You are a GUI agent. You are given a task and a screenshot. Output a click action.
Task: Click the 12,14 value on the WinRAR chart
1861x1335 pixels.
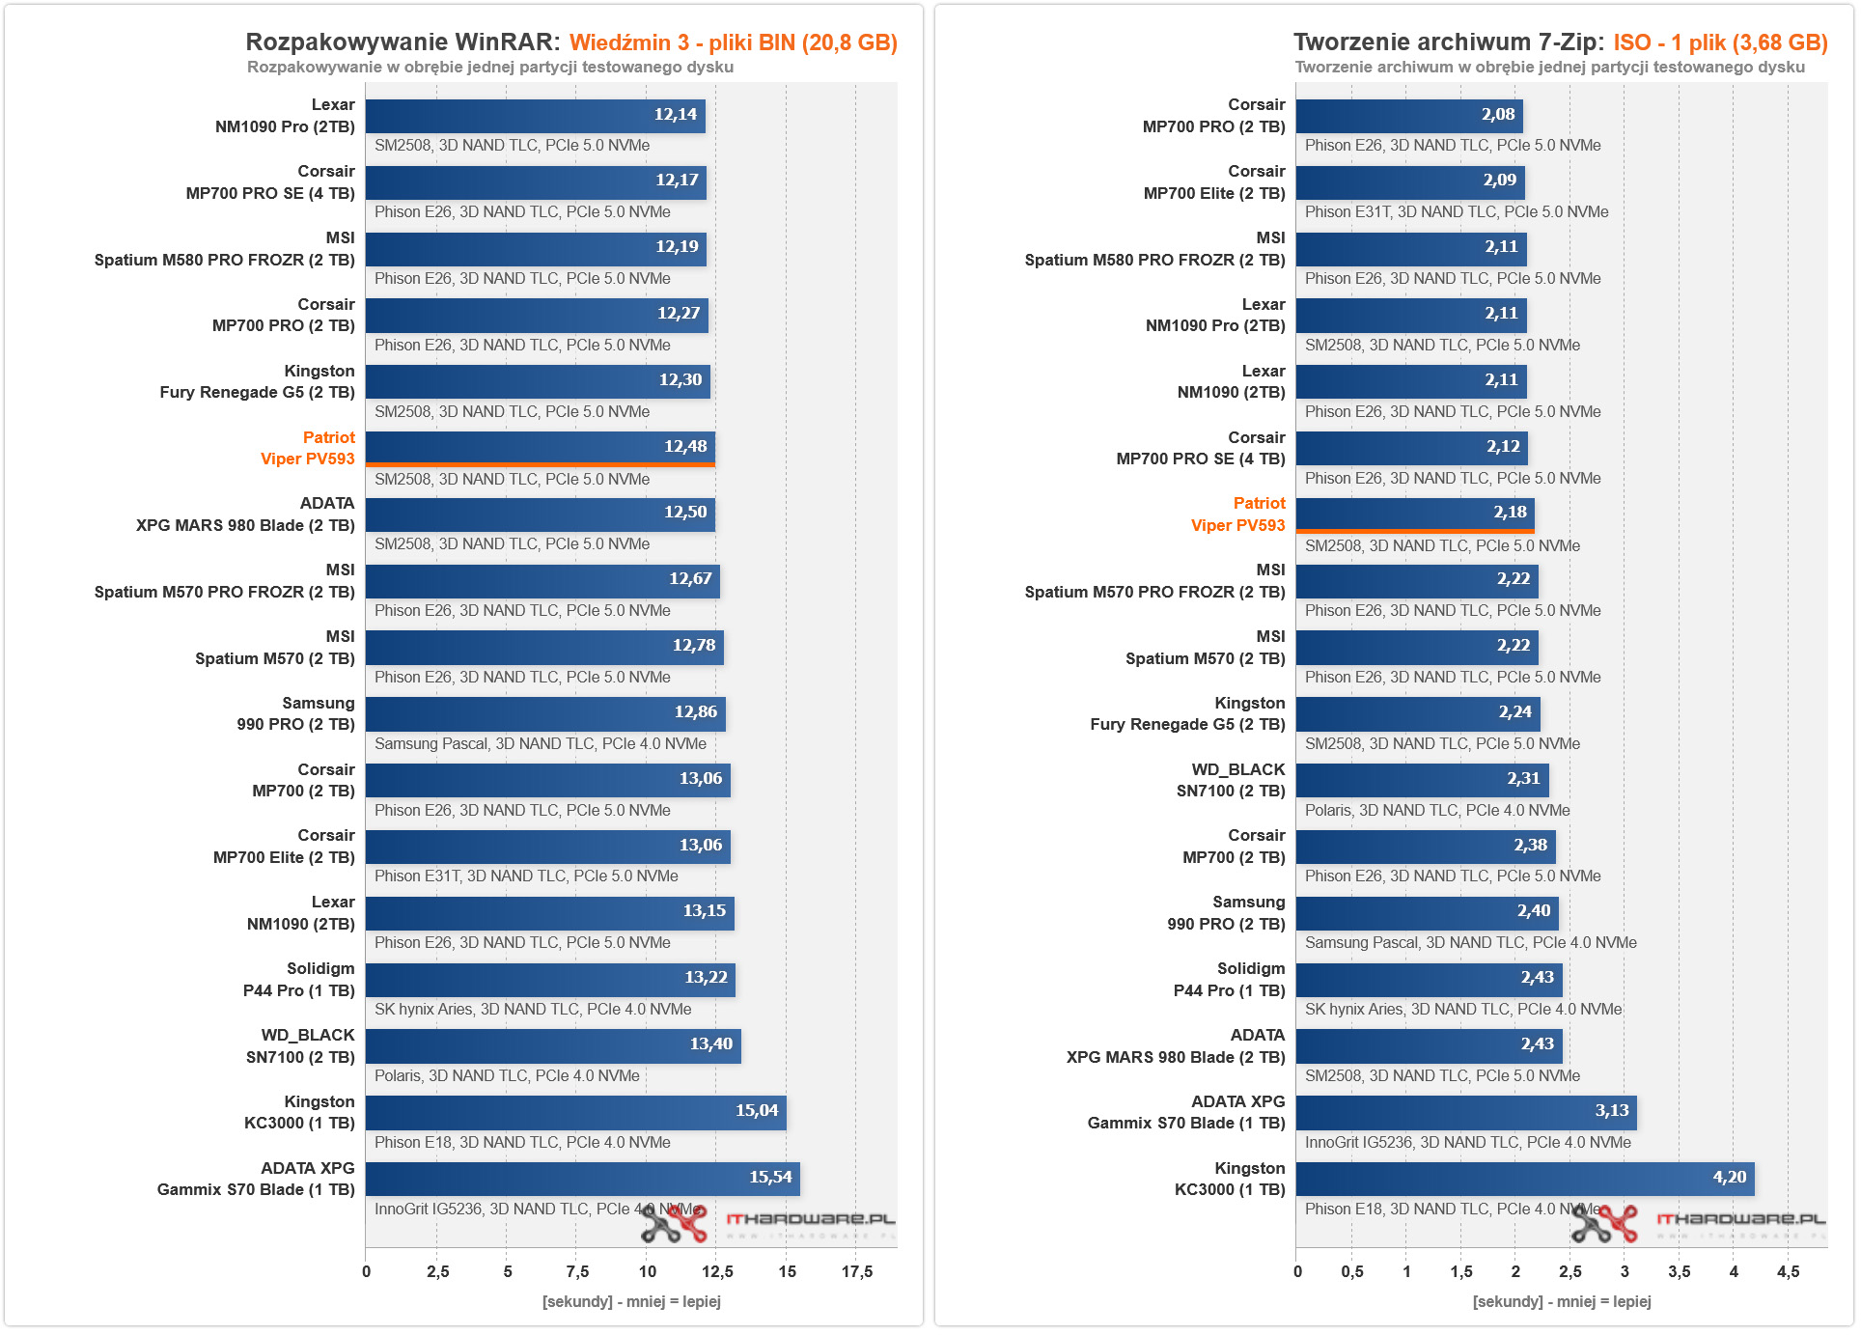[x=675, y=115]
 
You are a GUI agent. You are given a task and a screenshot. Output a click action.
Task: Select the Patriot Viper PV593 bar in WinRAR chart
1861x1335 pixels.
[x=540, y=448]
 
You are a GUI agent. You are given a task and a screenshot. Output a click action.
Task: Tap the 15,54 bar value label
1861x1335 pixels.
[x=769, y=1178]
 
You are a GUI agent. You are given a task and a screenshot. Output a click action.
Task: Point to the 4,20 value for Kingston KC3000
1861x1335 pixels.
[x=1729, y=1178]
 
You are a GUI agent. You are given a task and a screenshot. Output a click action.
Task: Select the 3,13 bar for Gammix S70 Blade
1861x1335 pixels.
[x=1465, y=1112]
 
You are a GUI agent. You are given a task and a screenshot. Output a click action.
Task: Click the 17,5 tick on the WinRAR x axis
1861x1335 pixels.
[x=856, y=1272]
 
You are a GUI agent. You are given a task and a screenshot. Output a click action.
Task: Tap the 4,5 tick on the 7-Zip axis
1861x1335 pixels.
[x=1788, y=1272]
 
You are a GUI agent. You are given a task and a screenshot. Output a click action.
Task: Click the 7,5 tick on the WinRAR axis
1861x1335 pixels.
[x=577, y=1272]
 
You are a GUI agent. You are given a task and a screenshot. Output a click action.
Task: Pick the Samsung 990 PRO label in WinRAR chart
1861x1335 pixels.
[x=295, y=714]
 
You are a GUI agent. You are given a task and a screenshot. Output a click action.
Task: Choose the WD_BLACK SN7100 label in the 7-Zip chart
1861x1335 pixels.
[x=1231, y=781]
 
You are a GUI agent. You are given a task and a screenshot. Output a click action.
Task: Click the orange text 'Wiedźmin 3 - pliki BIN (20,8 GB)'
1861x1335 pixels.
[x=733, y=43]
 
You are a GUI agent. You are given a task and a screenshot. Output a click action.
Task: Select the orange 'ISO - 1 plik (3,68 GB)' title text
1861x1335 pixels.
[x=1720, y=43]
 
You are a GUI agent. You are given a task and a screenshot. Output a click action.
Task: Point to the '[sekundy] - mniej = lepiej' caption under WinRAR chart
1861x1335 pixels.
[x=631, y=1302]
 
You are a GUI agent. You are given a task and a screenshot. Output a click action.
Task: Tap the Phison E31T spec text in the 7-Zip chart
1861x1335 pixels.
[x=1456, y=212]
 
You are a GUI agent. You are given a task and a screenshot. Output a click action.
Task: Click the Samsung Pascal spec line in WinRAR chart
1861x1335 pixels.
[x=540, y=744]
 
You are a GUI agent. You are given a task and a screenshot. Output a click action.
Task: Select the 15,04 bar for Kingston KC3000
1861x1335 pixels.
[x=575, y=1112]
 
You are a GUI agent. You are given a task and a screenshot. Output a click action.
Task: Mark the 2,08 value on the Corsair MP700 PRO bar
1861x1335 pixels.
[x=1497, y=115]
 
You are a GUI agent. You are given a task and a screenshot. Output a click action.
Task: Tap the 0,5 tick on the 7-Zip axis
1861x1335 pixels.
[x=1351, y=1272]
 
